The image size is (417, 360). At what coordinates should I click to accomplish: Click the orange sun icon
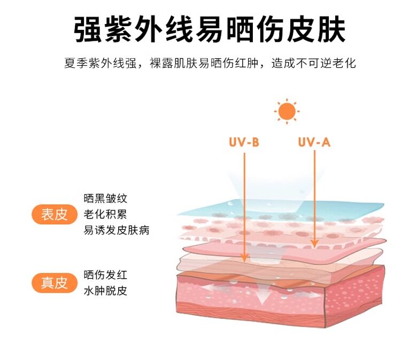pyautogui.click(x=287, y=111)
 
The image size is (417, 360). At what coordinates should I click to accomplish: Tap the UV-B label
pyautogui.click(x=244, y=142)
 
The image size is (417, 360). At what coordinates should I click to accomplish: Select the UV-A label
pyautogui.click(x=314, y=142)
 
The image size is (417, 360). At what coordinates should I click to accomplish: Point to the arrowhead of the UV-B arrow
pyautogui.click(x=244, y=257)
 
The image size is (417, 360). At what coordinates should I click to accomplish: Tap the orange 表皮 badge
pyautogui.click(x=54, y=214)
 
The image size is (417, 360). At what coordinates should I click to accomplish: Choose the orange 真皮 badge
pyautogui.click(x=54, y=283)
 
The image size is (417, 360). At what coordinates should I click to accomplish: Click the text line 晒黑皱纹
pyautogui.click(x=105, y=199)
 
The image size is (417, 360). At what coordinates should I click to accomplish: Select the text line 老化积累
pyautogui.click(x=105, y=214)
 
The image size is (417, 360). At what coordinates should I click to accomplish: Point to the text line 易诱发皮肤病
pyautogui.click(x=117, y=230)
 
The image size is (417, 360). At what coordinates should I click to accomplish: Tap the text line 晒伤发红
pyautogui.click(x=105, y=275)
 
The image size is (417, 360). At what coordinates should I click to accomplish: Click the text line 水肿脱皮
pyautogui.click(x=105, y=291)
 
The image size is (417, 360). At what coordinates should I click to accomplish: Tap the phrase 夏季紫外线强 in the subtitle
pyautogui.click(x=101, y=64)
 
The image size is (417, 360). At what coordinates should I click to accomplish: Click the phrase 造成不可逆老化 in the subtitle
pyautogui.click(x=313, y=64)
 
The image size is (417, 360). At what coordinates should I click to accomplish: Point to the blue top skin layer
pyautogui.click(x=281, y=210)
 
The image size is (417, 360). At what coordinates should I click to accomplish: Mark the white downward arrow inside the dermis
pyautogui.click(x=261, y=292)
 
